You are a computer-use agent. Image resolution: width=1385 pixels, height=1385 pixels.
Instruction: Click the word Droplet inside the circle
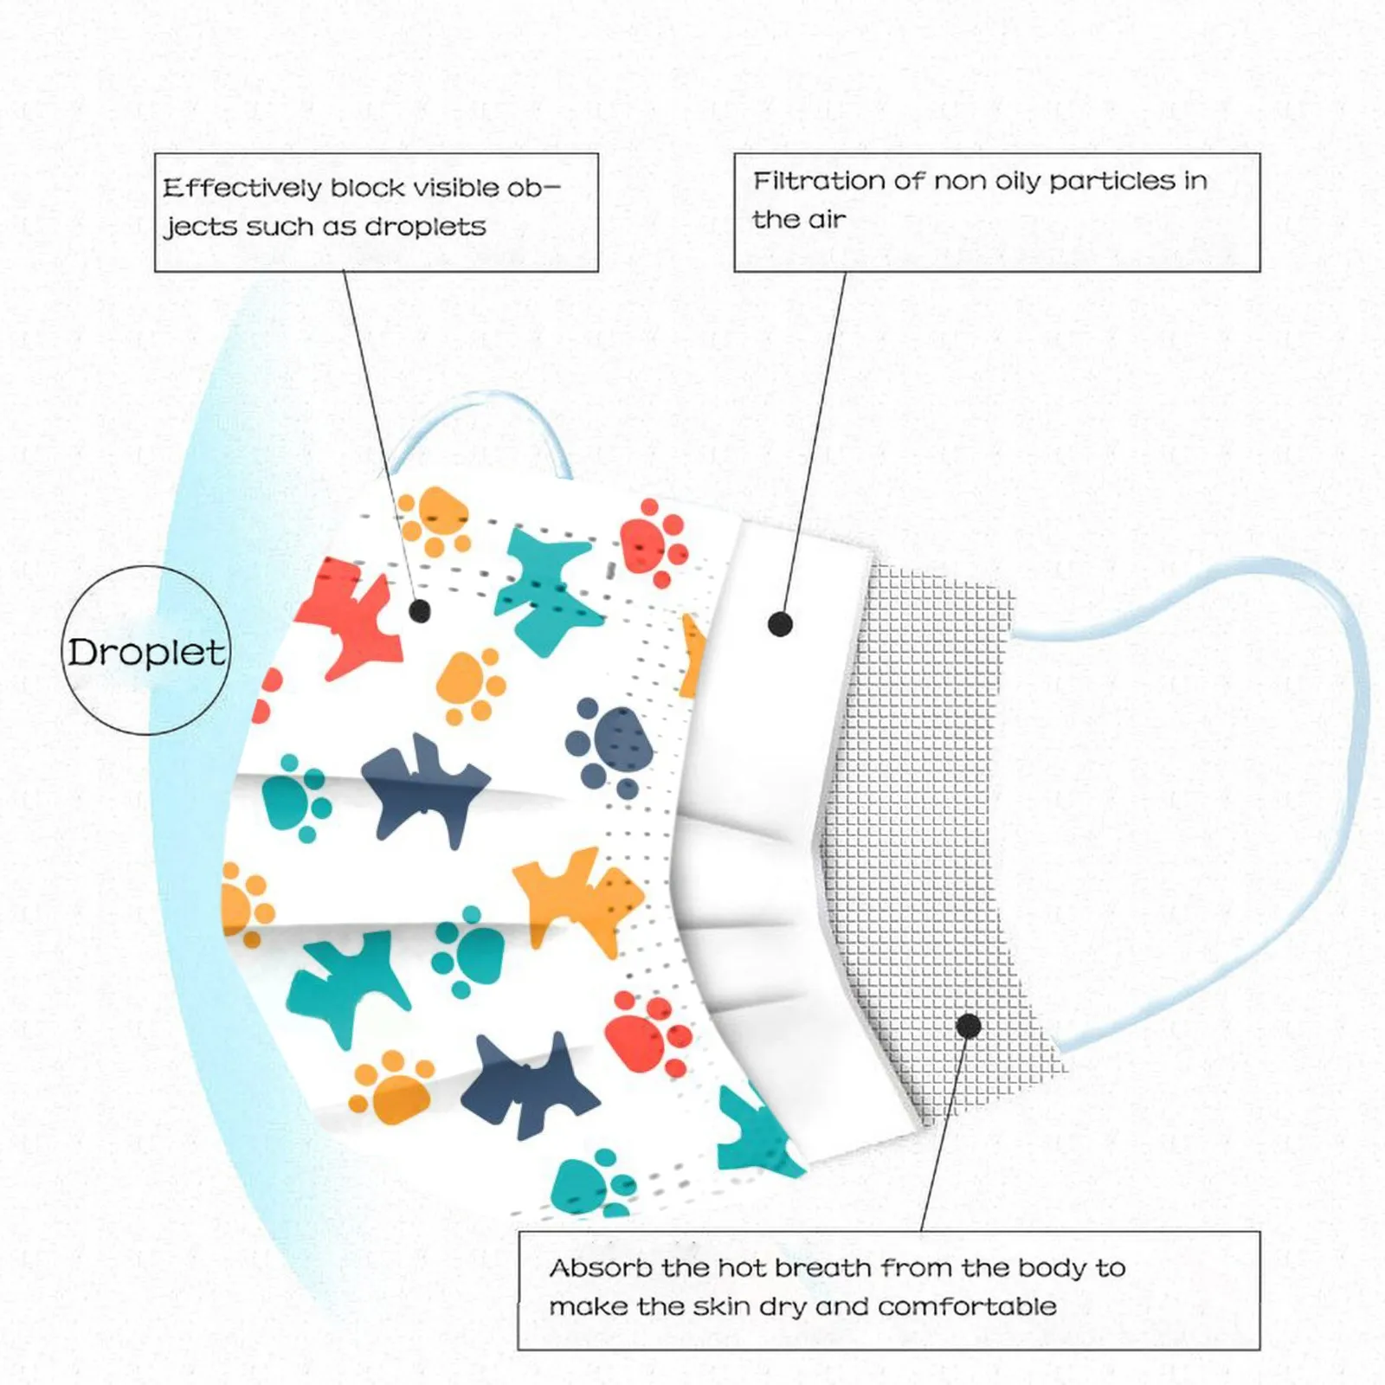(x=145, y=652)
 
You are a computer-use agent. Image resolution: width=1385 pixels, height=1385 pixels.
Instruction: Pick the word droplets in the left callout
(x=424, y=227)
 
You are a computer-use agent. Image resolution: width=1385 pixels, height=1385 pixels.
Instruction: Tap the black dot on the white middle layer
(x=780, y=623)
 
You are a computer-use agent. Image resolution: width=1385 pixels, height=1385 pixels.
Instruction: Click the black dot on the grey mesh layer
(x=969, y=1027)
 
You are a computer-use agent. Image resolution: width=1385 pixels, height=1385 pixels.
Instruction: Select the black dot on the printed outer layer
(x=420, y=611)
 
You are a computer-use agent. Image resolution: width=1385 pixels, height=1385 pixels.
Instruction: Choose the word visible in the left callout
(x=455, y=188)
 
